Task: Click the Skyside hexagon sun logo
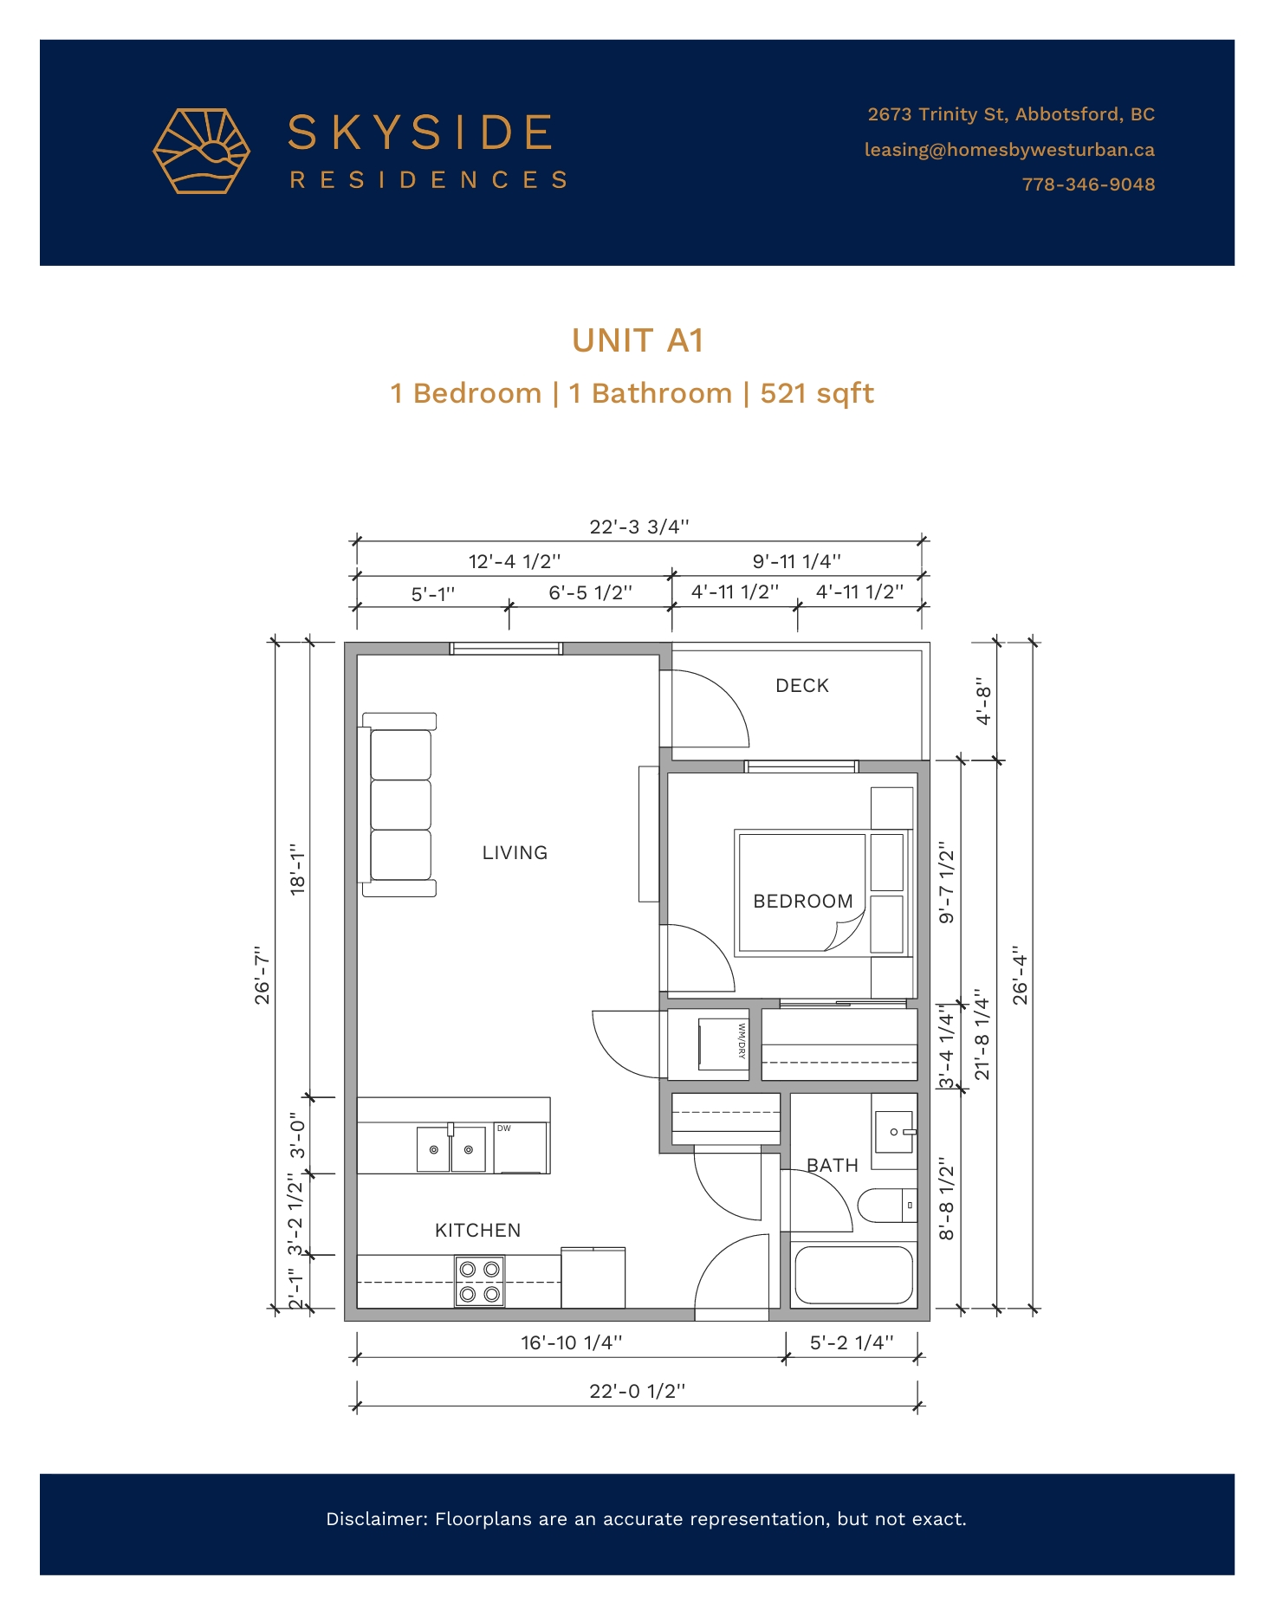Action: click(201, 151)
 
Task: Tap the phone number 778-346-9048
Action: click(1088, 184)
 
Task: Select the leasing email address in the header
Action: click(1009, 150)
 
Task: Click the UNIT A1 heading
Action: click(637, 340)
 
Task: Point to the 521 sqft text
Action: click(817, 394)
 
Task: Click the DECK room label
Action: click(802, 686)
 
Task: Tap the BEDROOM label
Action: click(803, 902)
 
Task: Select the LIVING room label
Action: click(515, 853)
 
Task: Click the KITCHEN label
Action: click(478, 1231)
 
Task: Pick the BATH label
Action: click(833, 1166)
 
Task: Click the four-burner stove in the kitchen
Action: click(480, 1282)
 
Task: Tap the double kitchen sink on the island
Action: click(451, 1148)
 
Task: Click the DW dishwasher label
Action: click(504, 1128)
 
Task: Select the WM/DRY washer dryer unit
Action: click(723, 1044)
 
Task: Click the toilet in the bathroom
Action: click(887, 1206)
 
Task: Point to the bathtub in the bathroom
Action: click(853, 1275)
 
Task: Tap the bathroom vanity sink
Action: click(894, 1132)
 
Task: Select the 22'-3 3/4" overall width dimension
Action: click(639, 527)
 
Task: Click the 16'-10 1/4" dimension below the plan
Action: click(572, 1342)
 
